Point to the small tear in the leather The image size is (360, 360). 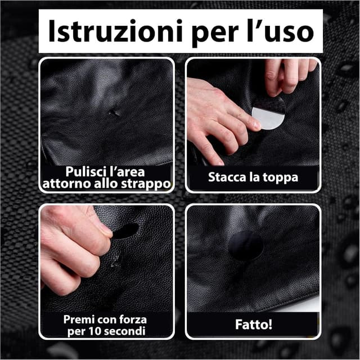click(x=115, y=112)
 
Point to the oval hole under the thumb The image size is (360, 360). click(x=126, y=231)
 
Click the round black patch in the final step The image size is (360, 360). click(x=246, y=246)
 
